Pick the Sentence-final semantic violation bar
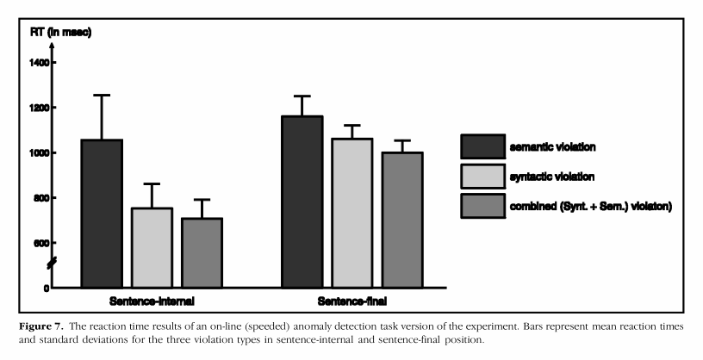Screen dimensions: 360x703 302,202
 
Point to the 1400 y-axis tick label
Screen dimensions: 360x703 42,63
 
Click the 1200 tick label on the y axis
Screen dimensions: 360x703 42,108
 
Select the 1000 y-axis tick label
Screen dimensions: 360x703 42,152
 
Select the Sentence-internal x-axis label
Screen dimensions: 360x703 152,302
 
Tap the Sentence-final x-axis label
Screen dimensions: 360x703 351,302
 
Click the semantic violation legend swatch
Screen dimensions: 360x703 482,146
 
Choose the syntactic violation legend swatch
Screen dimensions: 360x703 482,177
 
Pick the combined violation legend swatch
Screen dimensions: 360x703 482,206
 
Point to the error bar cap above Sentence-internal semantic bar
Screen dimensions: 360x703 102,95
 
